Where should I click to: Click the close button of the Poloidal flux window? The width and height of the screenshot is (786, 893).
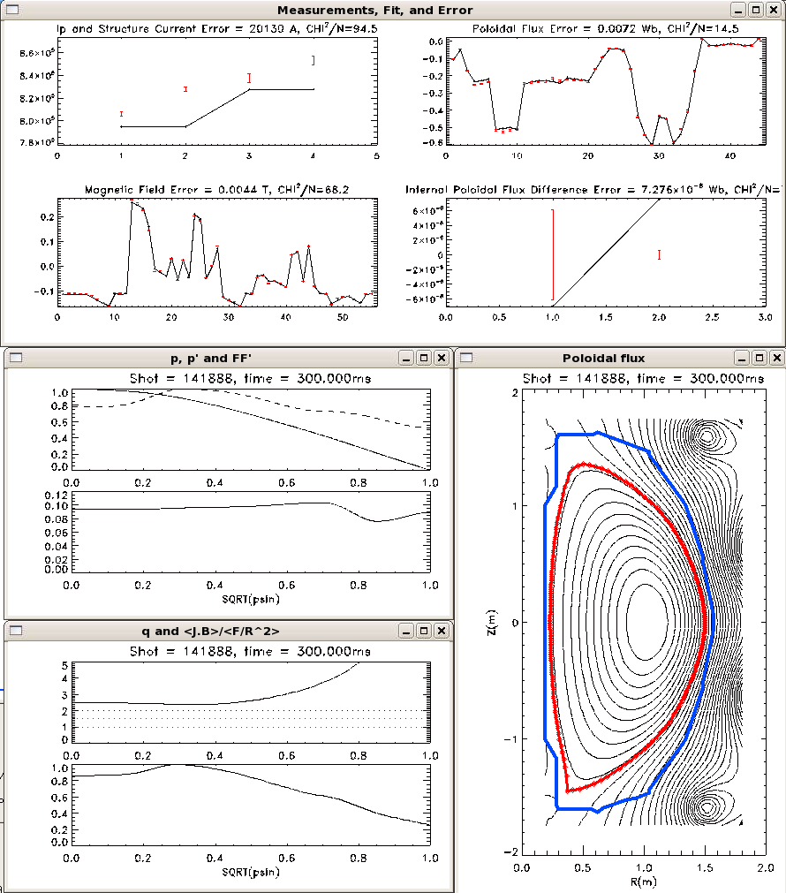coord(776,358)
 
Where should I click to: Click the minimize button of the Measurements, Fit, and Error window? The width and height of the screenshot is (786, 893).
coord(738,10)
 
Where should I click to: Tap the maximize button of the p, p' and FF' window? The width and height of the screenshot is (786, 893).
coord(423,358)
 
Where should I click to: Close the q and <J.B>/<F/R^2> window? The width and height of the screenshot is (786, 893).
coord(441,631)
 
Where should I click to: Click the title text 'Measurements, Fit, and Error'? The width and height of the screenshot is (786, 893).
coord(375,10)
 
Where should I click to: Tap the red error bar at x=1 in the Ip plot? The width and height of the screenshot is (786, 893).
coord(121,114)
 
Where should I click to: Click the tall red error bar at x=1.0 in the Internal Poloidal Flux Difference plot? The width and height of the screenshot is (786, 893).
coord(553,255)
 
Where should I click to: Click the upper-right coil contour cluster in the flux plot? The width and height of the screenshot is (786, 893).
coord(707,435)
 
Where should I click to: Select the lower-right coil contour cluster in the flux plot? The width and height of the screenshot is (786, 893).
coord(707,806)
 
